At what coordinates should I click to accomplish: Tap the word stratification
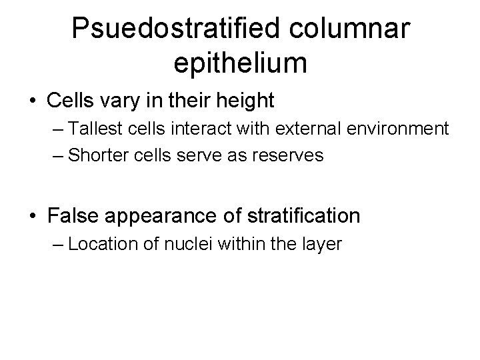[x=307, y=216]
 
